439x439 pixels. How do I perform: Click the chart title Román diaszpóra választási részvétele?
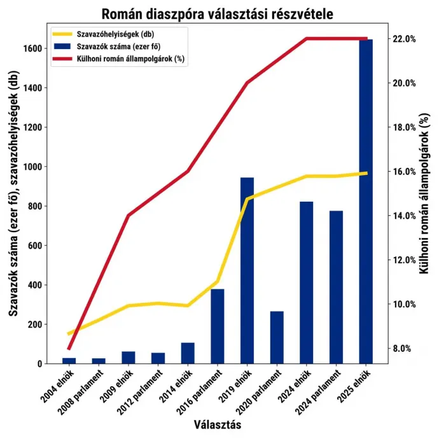217,14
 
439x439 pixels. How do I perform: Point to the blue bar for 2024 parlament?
337,287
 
